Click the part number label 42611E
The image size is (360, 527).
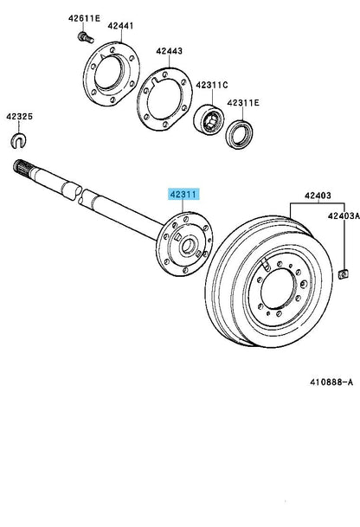(84, 18)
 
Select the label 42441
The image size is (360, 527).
(120, 26)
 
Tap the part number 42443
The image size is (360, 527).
(169, 51)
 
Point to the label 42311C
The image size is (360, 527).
(212, 85)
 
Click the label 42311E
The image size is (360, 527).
(243, 103)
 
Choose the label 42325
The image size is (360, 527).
(20, 117)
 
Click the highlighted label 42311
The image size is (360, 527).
(183, 195)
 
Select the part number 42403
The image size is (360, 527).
(318, 196)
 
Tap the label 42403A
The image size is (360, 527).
(344, 215)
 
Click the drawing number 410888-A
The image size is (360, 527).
(331, 382)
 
